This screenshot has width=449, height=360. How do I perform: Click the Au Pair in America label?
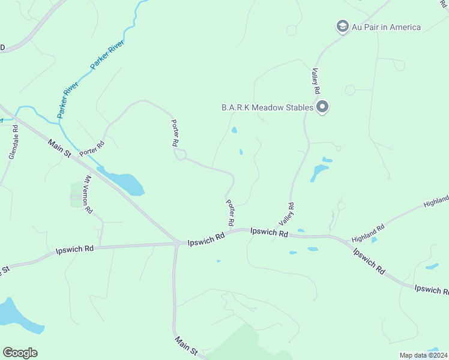(386, 27)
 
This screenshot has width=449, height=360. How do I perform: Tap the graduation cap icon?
(342, 26)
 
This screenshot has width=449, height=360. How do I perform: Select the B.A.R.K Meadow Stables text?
(267, 107)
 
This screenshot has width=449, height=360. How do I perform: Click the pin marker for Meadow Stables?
(322, 107)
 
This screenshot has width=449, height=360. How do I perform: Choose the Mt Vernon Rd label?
(88, 194)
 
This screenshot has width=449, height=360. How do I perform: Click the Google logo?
(20, 353)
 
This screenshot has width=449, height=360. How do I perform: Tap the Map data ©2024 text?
(423, 355)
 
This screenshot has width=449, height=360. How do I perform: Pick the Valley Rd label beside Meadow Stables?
(315, 80)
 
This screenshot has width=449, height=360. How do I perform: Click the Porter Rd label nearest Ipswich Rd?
(230, 212)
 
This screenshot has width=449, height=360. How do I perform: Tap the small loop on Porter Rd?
(179, 155)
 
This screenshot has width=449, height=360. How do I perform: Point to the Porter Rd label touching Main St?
(92, 146)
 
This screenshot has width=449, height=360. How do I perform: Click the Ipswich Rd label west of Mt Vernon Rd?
(74, 248)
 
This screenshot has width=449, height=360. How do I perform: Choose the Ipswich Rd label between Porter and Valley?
(269, 232)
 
